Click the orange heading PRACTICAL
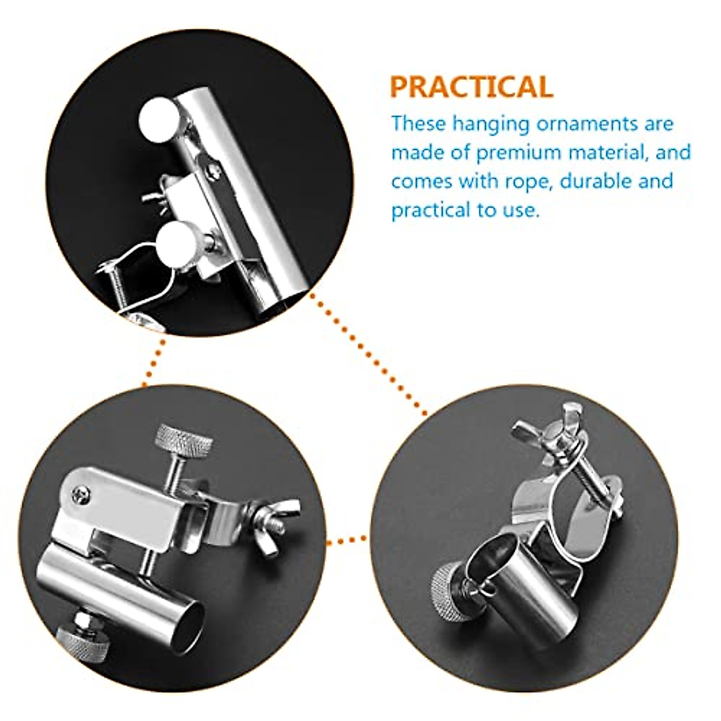tap(471, 87)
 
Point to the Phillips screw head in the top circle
tap(214, 171)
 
